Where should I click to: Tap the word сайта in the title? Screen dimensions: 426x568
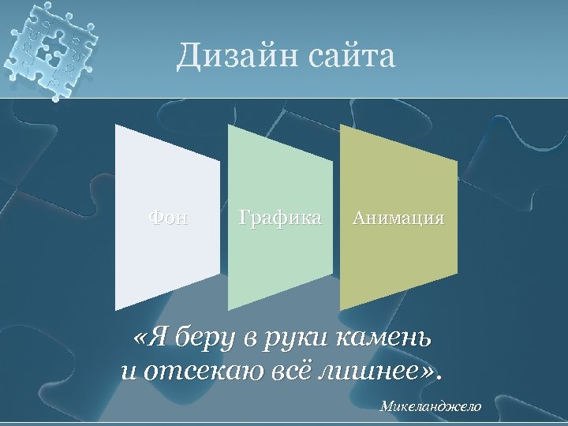pos(352,57)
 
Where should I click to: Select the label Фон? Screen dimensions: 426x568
pos(169,217)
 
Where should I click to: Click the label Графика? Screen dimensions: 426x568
pos(280,217)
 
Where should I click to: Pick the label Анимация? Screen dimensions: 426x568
pos(398,217)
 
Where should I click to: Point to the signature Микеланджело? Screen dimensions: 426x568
pos(430,406)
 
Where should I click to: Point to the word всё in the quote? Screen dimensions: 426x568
pos(286,370)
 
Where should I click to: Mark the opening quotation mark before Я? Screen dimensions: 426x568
pos(141,341)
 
